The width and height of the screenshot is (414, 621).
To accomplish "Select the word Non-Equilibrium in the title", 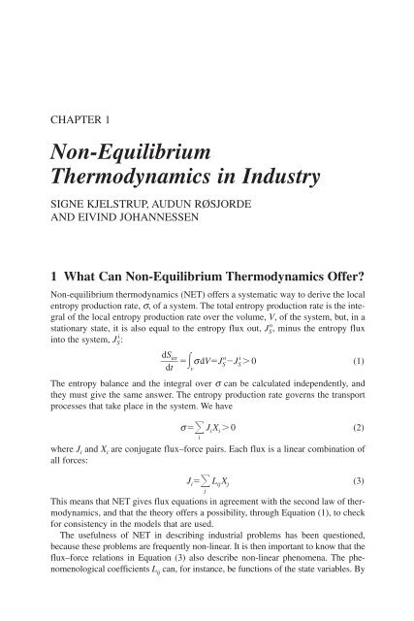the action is (x=130, y=155).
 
